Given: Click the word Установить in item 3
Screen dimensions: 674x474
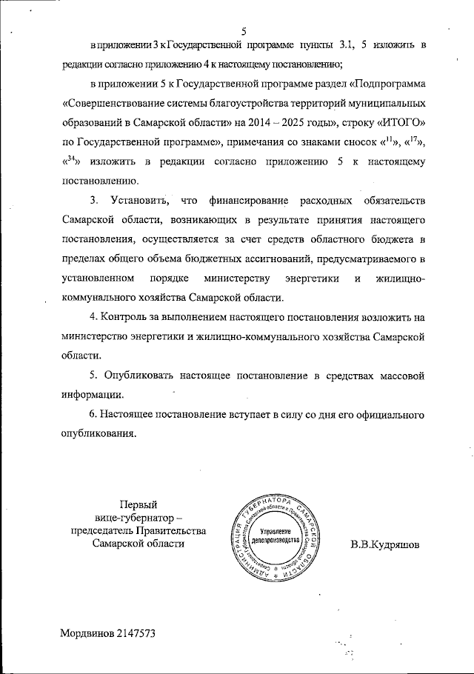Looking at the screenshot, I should pos(140,200).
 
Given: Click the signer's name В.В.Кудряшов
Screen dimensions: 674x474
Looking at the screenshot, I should pos(384,545).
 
